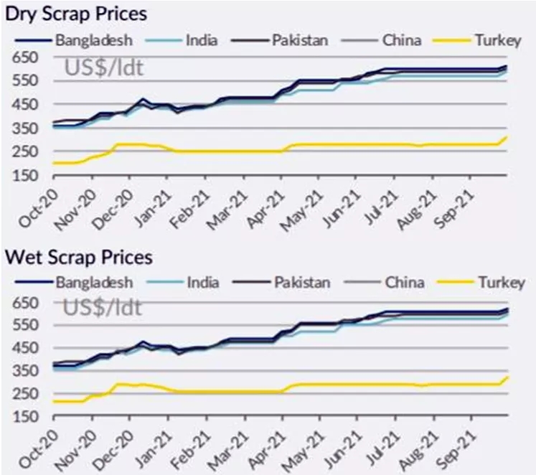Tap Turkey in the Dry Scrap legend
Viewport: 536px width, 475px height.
click(x=497, y=40)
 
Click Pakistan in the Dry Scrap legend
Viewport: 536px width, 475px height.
click(x=299, y=40)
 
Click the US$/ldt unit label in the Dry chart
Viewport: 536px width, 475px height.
click(x=103, y=68)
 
